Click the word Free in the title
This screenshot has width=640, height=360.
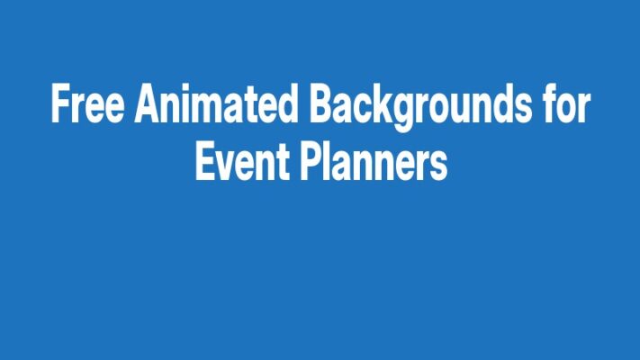tap(88, 106)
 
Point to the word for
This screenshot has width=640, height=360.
tap(564, 106)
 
